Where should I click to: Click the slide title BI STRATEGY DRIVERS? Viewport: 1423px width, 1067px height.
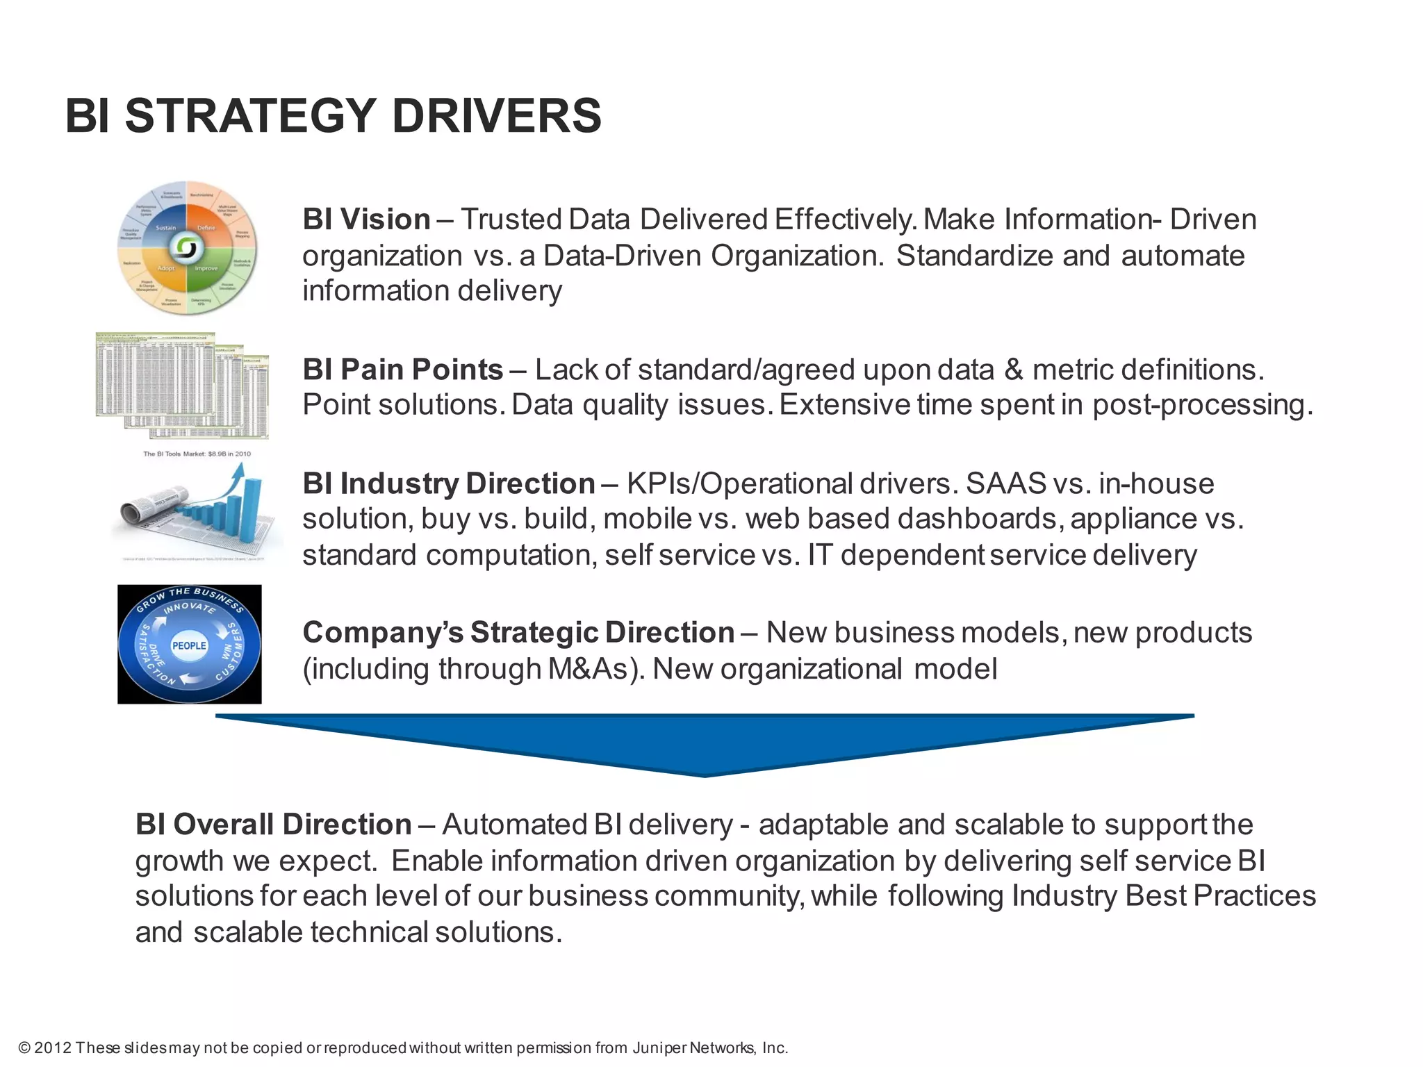pos(333,116)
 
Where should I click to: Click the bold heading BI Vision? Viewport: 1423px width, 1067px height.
pos(366,220)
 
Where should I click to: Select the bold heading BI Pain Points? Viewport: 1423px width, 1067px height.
pos(402,370)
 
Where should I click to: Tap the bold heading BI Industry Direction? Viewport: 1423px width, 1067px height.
pos(448,483)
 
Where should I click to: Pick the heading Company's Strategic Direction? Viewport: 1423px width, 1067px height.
pos(518,633)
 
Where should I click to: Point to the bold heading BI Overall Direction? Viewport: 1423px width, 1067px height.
pos(273,825)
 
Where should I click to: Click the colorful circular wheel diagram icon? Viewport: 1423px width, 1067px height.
pos(186,248)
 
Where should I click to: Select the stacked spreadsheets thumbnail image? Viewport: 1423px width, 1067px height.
pos(182,385)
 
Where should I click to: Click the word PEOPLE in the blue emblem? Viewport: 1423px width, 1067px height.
pos(189,645)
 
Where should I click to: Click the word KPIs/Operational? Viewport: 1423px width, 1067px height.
pos(739,483)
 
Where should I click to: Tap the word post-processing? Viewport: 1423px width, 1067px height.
pos(1202,405)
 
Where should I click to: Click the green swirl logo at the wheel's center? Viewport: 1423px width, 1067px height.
pos(186,247)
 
